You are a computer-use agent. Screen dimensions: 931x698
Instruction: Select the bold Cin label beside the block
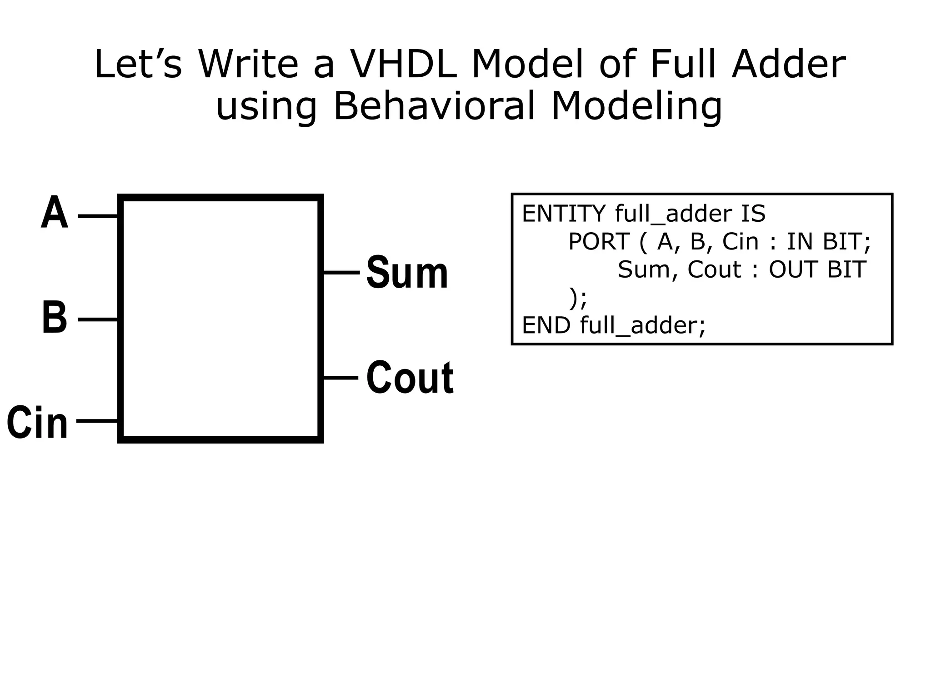[37, 423]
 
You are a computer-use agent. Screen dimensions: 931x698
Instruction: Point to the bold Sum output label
[407, 273]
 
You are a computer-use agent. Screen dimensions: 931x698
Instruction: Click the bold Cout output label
[410, 378]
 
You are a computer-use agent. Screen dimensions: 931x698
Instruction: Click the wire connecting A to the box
[98, 216]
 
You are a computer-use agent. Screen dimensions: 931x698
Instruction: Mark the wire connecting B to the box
[98, 319]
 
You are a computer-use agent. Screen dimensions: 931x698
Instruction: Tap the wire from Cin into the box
[97, 421]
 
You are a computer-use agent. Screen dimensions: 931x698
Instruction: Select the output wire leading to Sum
[341, 273]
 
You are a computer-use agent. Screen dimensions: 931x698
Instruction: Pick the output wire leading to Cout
[340, 378]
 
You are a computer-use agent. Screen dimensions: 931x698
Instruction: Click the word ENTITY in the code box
[564, 214]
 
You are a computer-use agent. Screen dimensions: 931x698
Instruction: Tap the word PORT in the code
[599, 241]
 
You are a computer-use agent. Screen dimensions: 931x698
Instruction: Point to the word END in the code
[546, 325]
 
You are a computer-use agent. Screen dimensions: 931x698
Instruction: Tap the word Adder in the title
[788, 65]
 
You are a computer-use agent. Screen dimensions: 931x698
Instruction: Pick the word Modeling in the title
[636, 107]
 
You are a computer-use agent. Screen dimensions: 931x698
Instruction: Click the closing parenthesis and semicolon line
[578, 298]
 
